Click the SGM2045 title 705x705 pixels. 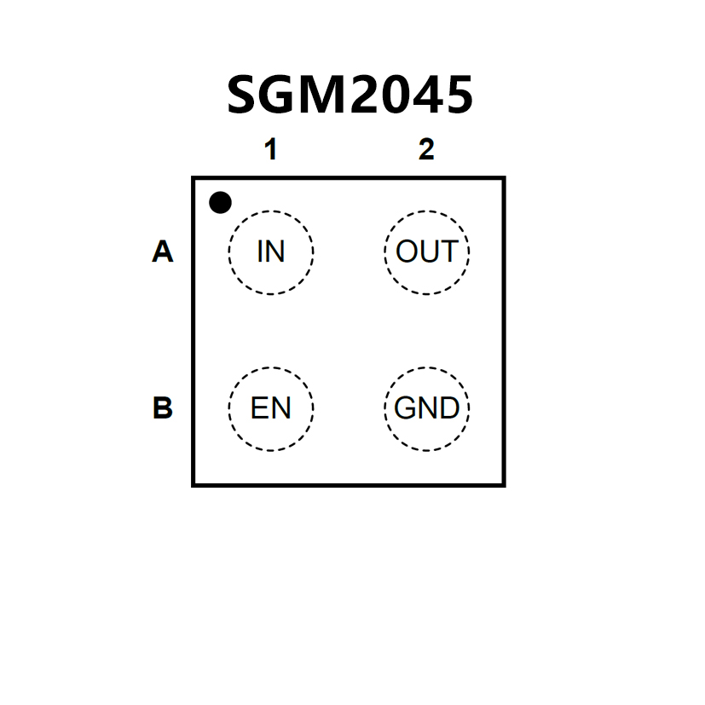[x=350, y=95]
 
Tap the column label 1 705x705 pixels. [x=270, y=150]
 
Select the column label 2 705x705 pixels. [x=426, y=150]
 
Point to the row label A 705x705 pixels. [x=162, y=252]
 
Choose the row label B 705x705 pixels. [x=162, y=409]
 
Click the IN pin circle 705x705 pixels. [x=271, y=252]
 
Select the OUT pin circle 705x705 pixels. [x=427, y=252]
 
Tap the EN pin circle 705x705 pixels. [x=271, y=409]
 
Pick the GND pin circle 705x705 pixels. [x=427, y=409]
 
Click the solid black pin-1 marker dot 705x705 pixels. [x=220, y=203]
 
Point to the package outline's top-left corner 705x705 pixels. [x=194, y=178]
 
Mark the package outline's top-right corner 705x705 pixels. [x=504, y=178]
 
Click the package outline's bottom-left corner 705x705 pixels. [x=194, y=484]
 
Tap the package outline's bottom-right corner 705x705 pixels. [x=504, y=484]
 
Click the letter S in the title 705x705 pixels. [x=245, y=95]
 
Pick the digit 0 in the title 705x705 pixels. [x=394, y=95]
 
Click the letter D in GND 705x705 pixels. [x=450, y=409]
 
